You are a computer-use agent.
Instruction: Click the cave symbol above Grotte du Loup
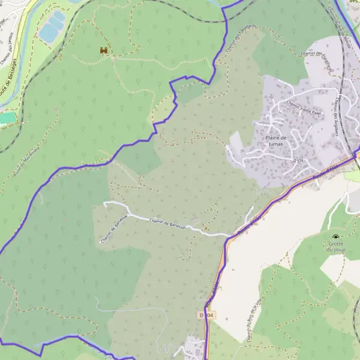(334, 237)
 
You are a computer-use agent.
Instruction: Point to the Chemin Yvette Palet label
(304, 108)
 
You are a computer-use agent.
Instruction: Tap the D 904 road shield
(206, 315)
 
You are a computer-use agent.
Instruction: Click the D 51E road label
(298, 161)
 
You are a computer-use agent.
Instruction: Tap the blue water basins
(52, 27)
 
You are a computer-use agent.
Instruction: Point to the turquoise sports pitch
(7, 118)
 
